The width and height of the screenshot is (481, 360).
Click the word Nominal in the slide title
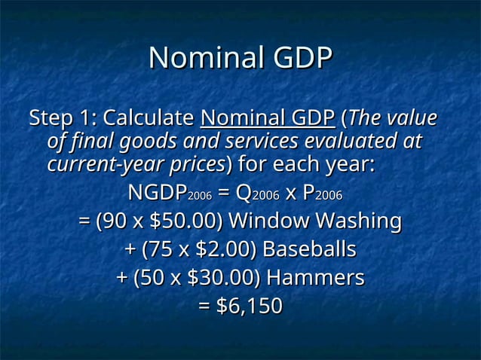197,59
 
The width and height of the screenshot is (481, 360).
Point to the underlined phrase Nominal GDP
268,119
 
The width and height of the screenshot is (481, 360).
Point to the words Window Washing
314,222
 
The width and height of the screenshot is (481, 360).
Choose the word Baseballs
309,250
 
